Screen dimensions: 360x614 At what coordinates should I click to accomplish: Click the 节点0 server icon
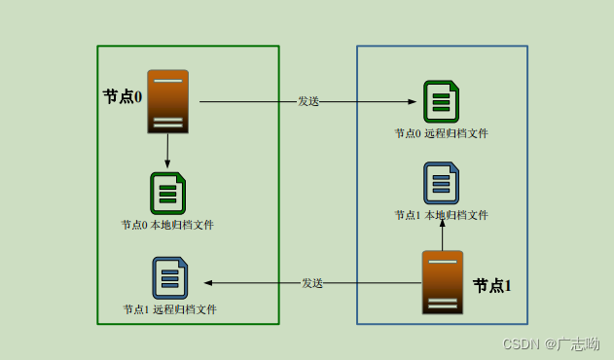(167, 101)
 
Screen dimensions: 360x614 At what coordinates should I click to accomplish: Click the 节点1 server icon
(442, 282)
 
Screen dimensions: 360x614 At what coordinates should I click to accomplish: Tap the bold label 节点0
(123, 97)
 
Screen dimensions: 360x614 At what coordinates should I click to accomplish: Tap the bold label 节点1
(491, 285)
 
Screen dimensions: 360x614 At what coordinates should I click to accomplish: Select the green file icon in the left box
(167, 193)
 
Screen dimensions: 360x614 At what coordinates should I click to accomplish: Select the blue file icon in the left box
(169, 277)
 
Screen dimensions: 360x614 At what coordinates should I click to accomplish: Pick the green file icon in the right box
(441, 101)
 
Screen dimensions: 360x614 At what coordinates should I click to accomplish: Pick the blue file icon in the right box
(441, 183)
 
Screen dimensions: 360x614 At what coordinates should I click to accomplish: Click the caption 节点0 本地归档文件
(167, 225)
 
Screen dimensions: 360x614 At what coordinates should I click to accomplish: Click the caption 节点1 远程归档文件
(169, 309)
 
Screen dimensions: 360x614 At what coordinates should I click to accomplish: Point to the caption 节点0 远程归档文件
(441, 133)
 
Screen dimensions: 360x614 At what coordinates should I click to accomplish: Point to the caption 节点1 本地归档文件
(441, 215)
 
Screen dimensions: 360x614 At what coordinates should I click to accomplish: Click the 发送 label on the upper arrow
(308, 101)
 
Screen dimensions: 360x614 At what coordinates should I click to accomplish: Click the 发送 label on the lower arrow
(311, 283)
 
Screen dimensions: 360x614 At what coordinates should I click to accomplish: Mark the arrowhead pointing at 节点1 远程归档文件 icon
(207, 283)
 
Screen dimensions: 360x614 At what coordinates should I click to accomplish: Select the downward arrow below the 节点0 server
(167, 151)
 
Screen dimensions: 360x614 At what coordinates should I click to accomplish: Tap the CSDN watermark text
(520, 344)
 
